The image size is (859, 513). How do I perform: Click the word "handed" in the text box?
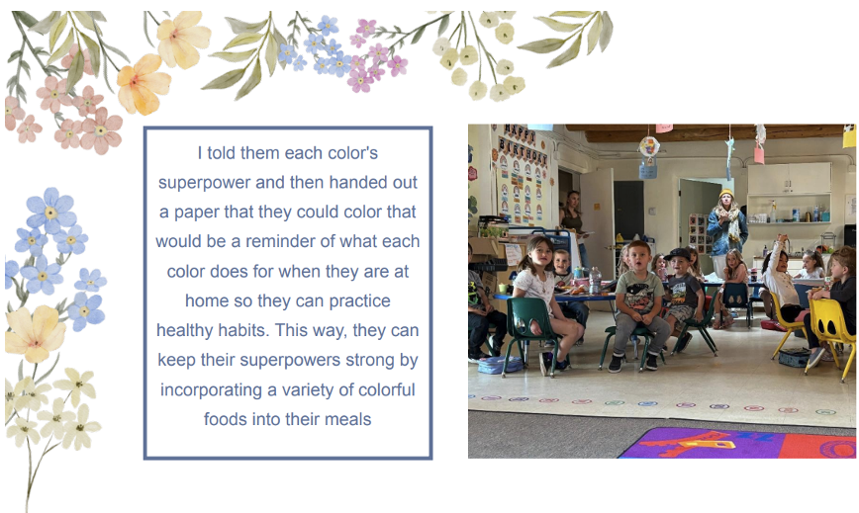(356, 182)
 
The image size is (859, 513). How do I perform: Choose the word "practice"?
(359, 301)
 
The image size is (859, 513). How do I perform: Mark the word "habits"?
(244, 330)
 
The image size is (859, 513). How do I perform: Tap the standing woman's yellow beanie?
(726, 194)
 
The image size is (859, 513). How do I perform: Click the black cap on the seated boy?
(678, 254)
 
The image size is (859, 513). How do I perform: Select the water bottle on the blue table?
(596, 280)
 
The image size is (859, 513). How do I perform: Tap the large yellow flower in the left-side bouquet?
(35, 334)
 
